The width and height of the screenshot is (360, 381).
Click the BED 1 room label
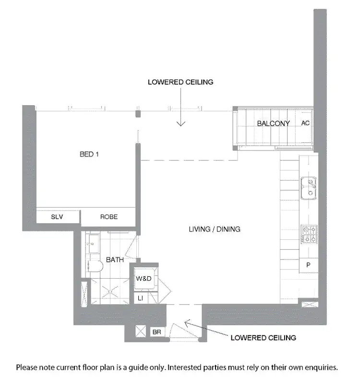coord(89,154)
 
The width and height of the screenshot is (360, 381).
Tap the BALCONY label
coord(273,123)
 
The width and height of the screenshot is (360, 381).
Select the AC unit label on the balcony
coord(305,123)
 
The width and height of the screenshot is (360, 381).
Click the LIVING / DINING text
coord(215,229)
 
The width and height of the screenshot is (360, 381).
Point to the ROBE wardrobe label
coord(109,217)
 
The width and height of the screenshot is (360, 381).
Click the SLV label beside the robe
coord(57,217)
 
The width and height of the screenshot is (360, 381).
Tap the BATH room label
coord(115,259)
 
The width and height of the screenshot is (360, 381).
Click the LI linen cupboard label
coord(141,298)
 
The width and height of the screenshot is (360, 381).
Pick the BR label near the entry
coord(156,332)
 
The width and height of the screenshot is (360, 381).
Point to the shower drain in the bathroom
coord(111,291)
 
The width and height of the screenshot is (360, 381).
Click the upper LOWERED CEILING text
coord(180,82)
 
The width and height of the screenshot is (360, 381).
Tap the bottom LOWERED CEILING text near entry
coord(263,338)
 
